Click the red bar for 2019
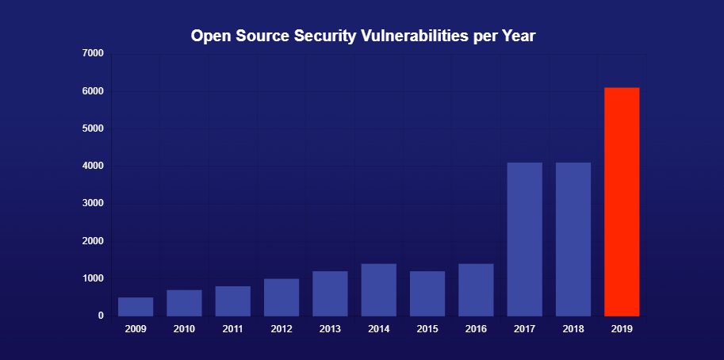pos(622,201)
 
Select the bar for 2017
pos(524,239)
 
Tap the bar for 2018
pos(573,239)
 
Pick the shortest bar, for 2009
pos(136,307)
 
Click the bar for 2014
pos(378,289)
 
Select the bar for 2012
pos(282,297)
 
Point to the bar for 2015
pos(427,293)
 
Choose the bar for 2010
pos(184,303)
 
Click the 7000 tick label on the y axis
pos(93,53)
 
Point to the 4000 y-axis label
pos(93,167)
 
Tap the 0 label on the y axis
pos(101,316)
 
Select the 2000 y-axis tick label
pos(93,241)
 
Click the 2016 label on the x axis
pos(476,329)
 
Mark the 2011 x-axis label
pos(232,329)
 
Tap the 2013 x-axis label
pos(330,329)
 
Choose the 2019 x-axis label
pos(622,329)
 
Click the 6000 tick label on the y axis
pos(93,91)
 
